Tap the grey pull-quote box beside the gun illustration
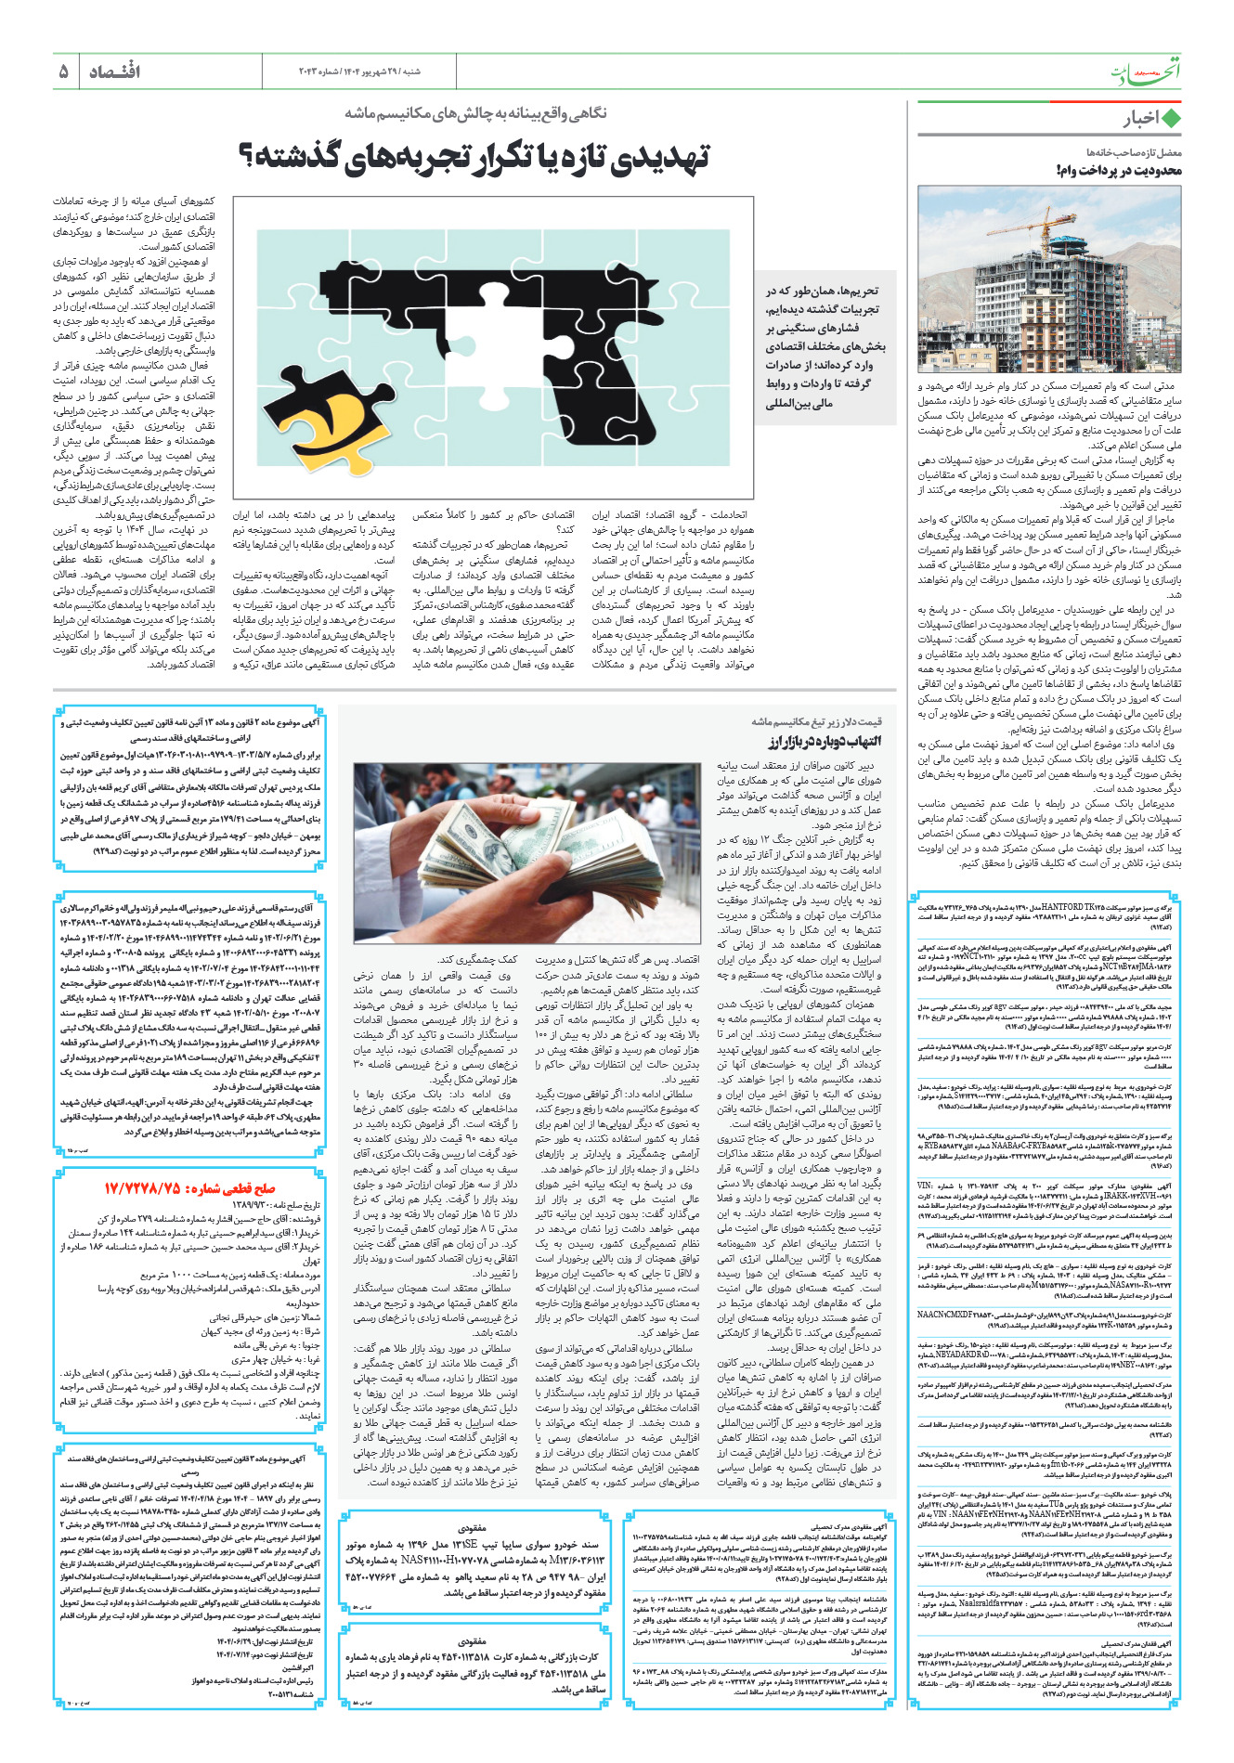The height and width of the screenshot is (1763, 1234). [x=825, y=348]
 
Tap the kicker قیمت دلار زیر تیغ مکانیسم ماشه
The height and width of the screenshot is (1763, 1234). [x=817, y=720]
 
